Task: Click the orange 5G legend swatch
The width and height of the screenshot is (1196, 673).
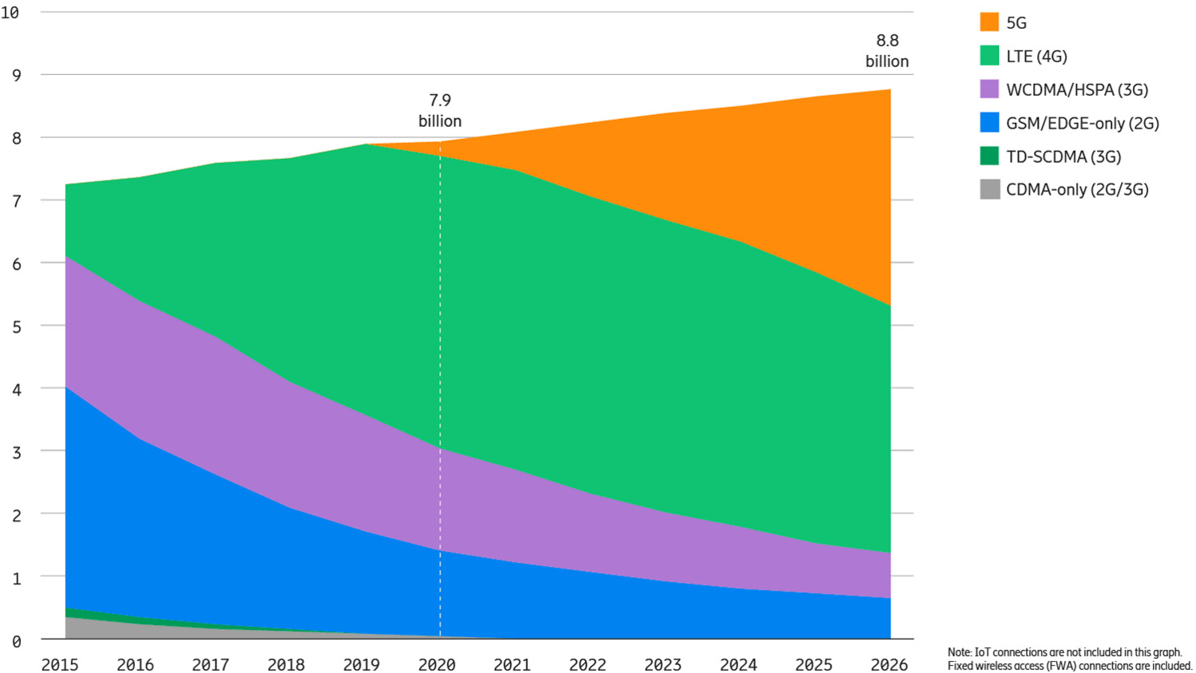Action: [x=989, y=22]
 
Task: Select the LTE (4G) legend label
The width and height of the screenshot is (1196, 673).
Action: [x=1036, y=56]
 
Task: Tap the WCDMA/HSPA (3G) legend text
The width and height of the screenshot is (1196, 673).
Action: [x=1076, y=89]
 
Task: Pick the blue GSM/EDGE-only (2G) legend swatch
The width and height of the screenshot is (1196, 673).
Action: [x=989, y=123]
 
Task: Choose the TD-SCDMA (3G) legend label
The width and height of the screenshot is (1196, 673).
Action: [x=1063, y=156]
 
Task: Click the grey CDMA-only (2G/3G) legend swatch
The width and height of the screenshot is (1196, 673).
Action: [x=989, y=189]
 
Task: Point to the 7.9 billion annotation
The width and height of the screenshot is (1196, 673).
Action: [x=440, y=110]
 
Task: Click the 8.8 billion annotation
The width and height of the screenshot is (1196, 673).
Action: [x=887, y=50]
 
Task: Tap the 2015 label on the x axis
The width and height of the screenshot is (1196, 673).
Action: [x=60, y=664]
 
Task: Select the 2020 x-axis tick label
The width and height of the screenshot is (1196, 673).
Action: [x=437, y=664]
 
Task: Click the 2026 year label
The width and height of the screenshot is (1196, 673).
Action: [x=889, y=664]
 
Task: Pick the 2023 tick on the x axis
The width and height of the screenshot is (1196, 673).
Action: [x=663, y=664]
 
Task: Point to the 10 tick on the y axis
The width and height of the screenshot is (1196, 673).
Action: [x=10, y=13]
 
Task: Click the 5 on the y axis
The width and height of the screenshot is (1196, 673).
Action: [x=16, y=327]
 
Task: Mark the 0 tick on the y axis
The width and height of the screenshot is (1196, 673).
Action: [x=16, y=640]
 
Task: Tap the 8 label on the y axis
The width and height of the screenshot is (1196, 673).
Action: [x=16, y=138]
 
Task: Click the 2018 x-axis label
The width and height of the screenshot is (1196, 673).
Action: [x=286, y=664]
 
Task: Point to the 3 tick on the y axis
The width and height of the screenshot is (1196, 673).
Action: [x=16, y=452]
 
